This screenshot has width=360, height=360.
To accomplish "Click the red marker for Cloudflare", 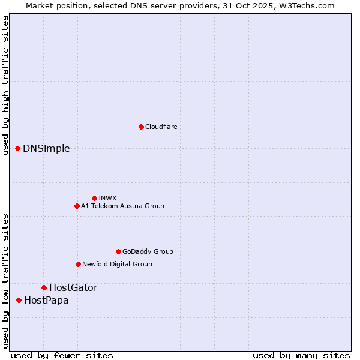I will click(x=141, y=127).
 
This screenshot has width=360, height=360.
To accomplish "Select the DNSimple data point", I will click(x=18, y=148).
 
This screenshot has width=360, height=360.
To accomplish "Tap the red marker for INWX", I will click(x=94, y=198).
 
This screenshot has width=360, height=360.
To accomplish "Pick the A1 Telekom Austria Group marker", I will click(x=77, y=206).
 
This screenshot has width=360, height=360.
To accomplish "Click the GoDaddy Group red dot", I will click(x=118, y=251).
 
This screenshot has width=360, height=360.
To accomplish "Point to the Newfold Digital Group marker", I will click(x=78, y=264).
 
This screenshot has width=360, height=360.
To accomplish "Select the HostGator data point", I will click(x=44, y=287).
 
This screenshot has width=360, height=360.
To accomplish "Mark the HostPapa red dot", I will click(x=19, y=300).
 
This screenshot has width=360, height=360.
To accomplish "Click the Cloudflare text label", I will click(x=161, y=127).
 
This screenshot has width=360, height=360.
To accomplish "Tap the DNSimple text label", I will click(x=46, y=149).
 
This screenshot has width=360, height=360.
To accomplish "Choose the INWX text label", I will click(x=107, y=198).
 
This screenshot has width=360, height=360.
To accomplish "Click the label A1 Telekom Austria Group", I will click(x=122, y=206).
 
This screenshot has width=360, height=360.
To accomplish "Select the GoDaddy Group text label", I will click(x=148, y=251).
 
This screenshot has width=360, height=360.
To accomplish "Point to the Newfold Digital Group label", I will click(x=117, y=264).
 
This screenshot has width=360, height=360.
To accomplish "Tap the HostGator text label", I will click(x=73, y=288).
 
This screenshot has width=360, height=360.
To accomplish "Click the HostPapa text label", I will click(x=46, y=301).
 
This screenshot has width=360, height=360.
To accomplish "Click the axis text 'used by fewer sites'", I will click(x=62, y=355).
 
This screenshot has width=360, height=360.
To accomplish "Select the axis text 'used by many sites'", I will click(x=301, y=355).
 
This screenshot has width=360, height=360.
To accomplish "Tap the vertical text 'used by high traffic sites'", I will click(x=5, y=85).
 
